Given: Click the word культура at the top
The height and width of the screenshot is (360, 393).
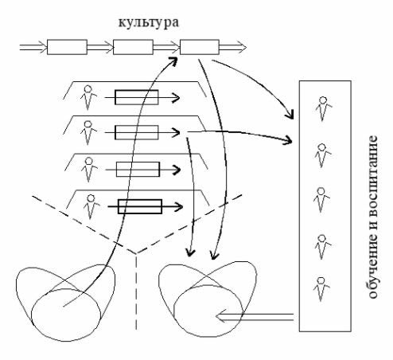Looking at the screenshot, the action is pos(149,23).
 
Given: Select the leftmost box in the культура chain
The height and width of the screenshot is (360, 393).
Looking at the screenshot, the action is pos(67,47).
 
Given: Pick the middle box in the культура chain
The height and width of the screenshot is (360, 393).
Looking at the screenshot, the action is pos(133,47).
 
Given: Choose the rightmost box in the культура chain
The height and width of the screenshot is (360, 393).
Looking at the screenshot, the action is pos(200,47).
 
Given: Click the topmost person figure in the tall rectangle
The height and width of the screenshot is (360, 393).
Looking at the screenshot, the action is pos(323,108).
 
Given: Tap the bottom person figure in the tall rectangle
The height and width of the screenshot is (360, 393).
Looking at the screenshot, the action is pos(321,289).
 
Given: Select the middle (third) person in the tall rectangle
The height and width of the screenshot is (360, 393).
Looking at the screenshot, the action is pos(321,200).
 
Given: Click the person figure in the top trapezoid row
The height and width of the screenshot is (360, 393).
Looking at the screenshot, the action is pos(88,97).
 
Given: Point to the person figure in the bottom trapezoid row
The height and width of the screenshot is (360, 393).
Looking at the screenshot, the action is pos(91,206).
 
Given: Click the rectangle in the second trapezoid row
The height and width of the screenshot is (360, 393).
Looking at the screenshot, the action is pos(137,132).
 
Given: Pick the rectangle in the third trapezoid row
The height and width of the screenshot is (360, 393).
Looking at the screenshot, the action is pos(138,169).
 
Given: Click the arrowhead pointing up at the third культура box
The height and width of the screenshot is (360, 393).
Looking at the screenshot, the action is pos(173,61).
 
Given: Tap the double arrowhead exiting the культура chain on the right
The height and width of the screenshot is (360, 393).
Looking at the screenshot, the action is pos(241,47).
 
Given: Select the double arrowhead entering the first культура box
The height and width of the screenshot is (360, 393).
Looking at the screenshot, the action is pos(41,47).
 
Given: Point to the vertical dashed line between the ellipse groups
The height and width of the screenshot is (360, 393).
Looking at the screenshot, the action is pos(136,292).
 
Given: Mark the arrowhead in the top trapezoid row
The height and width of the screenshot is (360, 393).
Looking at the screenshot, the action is pos(175,97).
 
